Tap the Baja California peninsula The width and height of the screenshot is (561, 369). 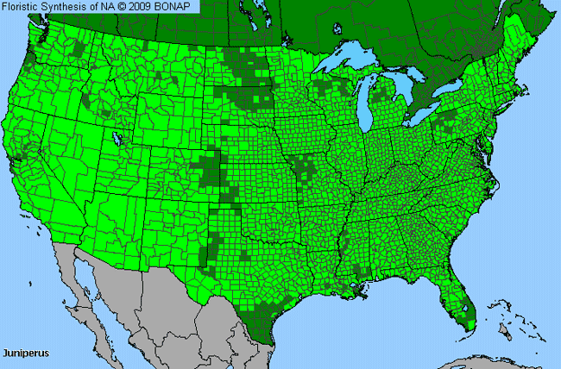(x=85, y=285)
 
